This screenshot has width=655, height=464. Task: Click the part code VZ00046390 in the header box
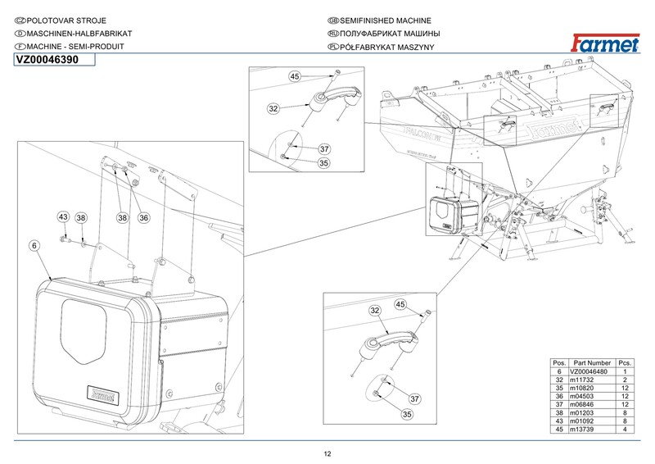(x=47, y=60)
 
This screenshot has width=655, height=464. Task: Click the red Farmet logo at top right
(x=605, y=43)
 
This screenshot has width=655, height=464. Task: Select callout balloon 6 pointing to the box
(x=34, y=246)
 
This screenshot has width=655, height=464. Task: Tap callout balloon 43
(x=63, y=217)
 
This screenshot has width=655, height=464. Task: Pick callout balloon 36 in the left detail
(x=144, y=217)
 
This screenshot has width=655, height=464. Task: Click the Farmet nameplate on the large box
(x=103, y=394)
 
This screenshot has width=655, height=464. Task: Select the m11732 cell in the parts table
(x=581, y=380)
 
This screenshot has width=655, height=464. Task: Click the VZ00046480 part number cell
(x=589, y=371)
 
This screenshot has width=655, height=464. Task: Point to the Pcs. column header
(x=625, y=363)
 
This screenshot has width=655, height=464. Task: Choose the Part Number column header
(x=592, y=363)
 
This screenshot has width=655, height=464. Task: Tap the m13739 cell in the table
(x=581, y=430)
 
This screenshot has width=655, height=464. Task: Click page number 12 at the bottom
(x=327, y=454)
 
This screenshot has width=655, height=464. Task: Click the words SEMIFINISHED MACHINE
(x=385, y=20)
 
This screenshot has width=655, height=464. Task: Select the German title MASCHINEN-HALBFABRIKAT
(x=79, y=34)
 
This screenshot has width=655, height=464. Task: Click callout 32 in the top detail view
(x=273, y=109)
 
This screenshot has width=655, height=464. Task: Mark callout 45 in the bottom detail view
(x=400, y=304)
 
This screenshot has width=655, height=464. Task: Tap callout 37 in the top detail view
(x=324, y=149)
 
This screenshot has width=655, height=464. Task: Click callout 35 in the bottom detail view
(x=407, y=414)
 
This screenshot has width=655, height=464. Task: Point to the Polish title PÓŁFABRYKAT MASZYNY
(x=386, y=47)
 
